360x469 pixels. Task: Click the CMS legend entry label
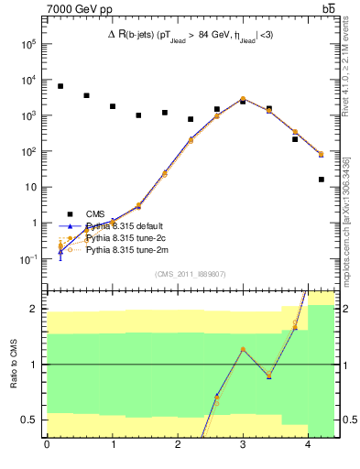(x=95, y=213)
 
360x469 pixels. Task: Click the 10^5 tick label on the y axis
(x=28, y=44)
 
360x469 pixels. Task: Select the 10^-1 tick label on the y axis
(x=28, y=259)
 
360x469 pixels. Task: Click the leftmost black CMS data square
(x=60, y=86)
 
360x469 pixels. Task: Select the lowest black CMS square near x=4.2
(x=322, y=180)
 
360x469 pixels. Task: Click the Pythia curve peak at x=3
(x=243, y=99)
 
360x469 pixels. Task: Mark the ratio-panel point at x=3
(x=243, y=349)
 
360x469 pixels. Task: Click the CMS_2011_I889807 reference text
(x=191, y=273)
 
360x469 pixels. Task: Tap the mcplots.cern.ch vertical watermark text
(x=350, y=229)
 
